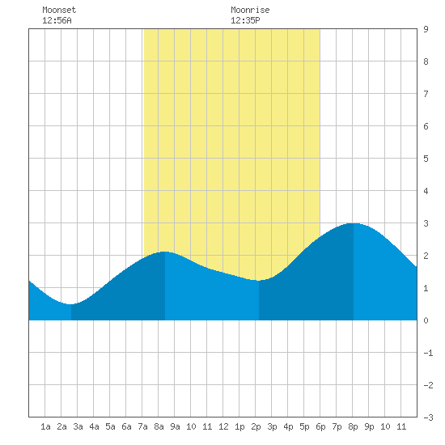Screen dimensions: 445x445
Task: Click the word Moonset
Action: click(59, 10)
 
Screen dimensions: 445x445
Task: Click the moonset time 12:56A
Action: click(57, 20)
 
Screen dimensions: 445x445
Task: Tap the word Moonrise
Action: click(250, 10)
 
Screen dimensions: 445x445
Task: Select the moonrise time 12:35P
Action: click(245, 20)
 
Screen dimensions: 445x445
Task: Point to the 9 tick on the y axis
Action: click(426, 29)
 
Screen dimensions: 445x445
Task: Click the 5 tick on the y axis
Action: click(426, 159)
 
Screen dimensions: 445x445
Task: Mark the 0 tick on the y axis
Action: click(426, 320)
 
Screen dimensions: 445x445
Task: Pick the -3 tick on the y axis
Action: click(428, 417)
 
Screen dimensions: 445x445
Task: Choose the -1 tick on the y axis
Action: click(428, 353)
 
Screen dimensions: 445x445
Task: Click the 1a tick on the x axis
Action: click(45, 426)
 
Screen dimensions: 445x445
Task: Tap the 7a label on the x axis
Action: click(142, 426)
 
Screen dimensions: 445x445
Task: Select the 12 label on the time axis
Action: click(223, 426)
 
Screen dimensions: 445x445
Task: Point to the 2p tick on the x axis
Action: click(256, 426)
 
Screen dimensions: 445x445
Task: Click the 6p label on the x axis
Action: click(320, 426)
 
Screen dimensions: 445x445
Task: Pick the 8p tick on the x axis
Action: click(353, 426)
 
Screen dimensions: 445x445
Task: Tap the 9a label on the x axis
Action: click(175, 426)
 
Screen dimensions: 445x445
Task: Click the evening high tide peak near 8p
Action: click(354, 223)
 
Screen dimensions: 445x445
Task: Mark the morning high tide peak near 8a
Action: click(164, 252)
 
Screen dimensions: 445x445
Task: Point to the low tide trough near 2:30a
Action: click(71, 304)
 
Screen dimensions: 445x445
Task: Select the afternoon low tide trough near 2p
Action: click(259, 281)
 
